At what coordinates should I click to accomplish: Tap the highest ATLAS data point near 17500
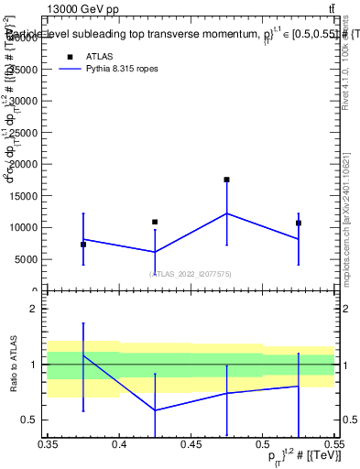click(x=226, y=180)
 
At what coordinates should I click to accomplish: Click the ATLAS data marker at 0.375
click(x=83, y=245)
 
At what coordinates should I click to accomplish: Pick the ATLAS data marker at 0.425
click(x=155, y=222)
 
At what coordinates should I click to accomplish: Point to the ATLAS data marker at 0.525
click(x=298, y=223)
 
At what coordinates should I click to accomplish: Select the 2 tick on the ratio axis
click(x=37, y=309)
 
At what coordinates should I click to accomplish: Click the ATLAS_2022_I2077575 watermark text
click(x=191, y=273)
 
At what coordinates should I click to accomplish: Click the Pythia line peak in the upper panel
click(x=226, y=213)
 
